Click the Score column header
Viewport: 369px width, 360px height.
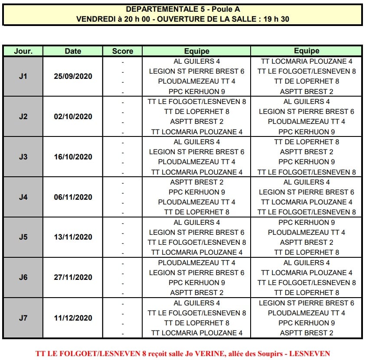coord(123,51)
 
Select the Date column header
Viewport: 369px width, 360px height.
coord(73,51)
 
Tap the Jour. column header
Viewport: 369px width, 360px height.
coord(23,51)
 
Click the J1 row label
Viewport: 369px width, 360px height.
coord(23,76)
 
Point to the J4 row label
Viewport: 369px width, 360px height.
coord(23,197)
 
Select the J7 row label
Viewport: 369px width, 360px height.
coord(23,318)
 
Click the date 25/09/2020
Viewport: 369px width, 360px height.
coord(73,76)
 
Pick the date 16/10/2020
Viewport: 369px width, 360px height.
coord(73,157)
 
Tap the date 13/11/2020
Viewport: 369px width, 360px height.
coord(73,237)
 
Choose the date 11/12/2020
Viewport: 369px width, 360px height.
coord(73,318)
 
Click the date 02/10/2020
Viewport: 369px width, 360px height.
coord(73,117)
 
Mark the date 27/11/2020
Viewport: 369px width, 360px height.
coord(73,278)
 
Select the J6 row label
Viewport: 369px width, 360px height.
coord(23,278)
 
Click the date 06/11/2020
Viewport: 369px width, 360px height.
coord(73,197)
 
